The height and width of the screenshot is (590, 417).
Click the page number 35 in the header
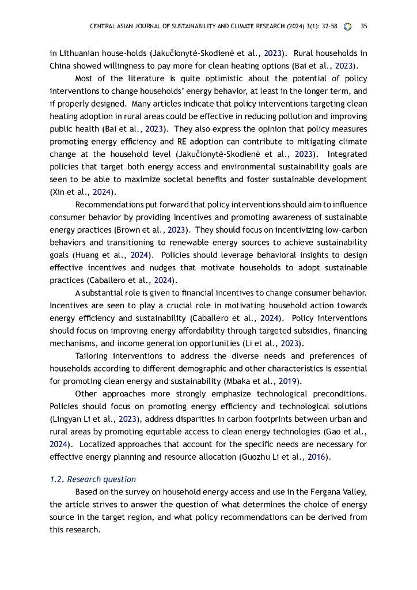(363, 27)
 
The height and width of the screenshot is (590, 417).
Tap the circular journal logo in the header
(347, 27)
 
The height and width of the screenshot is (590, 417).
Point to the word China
(60, 66)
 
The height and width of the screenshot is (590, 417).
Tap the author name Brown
(128, 230)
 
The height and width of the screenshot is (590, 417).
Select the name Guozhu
(257, 457)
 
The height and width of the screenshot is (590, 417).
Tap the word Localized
(98, 444)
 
